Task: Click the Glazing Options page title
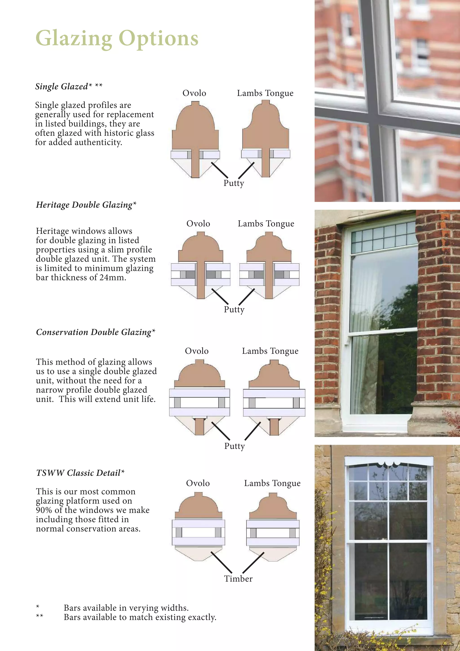click(117, 38)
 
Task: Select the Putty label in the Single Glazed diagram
click(233, 183)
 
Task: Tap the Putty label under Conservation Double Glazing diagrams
click(234, 446)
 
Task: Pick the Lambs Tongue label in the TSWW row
click(272, 483)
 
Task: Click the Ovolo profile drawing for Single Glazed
click(195, 139)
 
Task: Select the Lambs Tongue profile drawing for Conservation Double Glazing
click(274, 397)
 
